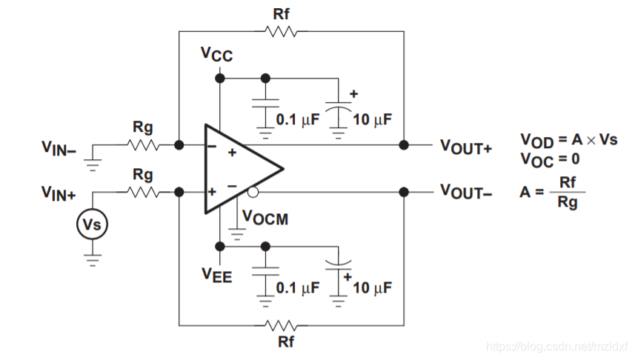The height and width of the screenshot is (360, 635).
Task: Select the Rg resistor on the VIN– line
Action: pyautogui.click(x=143, y=145)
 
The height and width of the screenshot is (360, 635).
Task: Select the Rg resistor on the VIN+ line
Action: pyautogui.click(x=143, y=192)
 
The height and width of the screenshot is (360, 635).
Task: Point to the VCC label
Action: pyautogui.click(x=216, y=54)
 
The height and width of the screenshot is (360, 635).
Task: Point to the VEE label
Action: pyautogui.click(x=217, y=276)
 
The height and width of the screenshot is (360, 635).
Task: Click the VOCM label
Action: pyautogui.click(x=265, y=219)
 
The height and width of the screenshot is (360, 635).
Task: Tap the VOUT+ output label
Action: pyautogui.click(x=466, y=146)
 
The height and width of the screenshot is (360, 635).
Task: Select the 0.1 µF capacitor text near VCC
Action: pyautogui.click(x=296, y=119)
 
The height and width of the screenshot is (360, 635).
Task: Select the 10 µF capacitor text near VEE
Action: pyautogui.click(x=372, y=287)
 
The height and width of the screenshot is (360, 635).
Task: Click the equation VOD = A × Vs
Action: pyautogui.click(x=568, y=140)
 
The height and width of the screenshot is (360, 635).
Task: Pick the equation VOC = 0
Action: pyautogui.click(x=549, y=158)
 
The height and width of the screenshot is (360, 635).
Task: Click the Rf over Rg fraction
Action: pyautogui.click(x=568, y=192)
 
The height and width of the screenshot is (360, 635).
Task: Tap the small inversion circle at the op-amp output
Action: pyautogui.click(x=253, y=193)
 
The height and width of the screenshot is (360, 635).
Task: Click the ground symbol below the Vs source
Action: pyautogui.click(x=92, y=257)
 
